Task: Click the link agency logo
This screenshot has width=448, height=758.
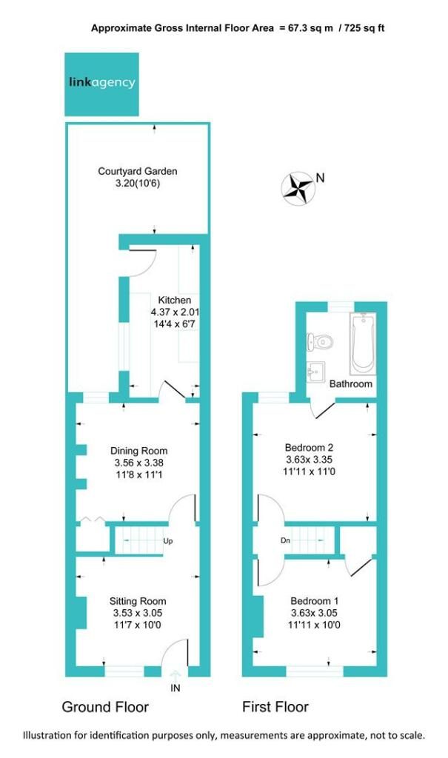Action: [101, 84]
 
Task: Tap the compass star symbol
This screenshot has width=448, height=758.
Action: [298, 188]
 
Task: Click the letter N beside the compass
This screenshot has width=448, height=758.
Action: [320, 178]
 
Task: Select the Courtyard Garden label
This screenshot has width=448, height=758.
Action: [138, 171]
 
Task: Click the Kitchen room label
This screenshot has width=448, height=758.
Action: [174, 301]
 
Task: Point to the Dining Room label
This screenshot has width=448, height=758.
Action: [139, 451]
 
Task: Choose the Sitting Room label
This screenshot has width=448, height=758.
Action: [138, 601]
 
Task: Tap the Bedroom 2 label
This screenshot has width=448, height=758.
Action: [309, 448]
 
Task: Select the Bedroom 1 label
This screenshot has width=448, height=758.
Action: [315, 601]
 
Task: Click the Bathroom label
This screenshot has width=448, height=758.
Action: [351, 384]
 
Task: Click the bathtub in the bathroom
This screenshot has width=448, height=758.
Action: [364, 343]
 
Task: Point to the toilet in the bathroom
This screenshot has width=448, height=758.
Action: [320, 342]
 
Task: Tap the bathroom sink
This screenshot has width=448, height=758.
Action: [315, 372]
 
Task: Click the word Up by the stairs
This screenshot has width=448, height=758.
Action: [168, 541]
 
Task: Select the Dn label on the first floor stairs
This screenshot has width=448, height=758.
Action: [285, 540]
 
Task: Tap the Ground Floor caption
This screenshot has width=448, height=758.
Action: [105, 707]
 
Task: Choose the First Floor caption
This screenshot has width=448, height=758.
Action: [275, 707]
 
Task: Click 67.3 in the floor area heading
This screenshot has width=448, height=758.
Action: [298, 28]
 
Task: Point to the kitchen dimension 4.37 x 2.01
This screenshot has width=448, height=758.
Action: [175, 312]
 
